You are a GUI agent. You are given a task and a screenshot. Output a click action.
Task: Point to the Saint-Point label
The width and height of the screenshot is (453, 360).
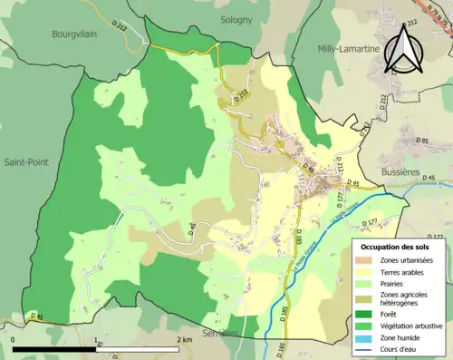[25, 162]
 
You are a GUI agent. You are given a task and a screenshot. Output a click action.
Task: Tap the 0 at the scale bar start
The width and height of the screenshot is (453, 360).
[14, 339]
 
